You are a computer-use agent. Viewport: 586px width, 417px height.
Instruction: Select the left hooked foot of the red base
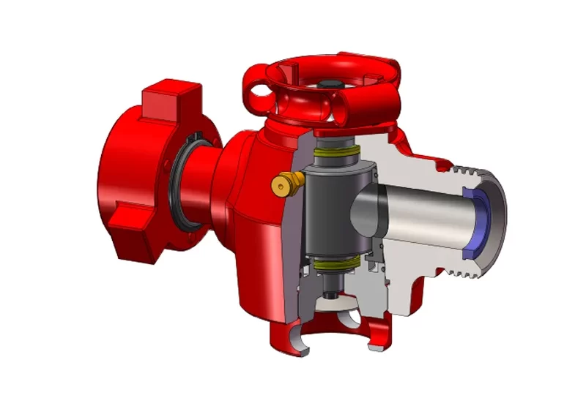[x=290, y=340]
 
